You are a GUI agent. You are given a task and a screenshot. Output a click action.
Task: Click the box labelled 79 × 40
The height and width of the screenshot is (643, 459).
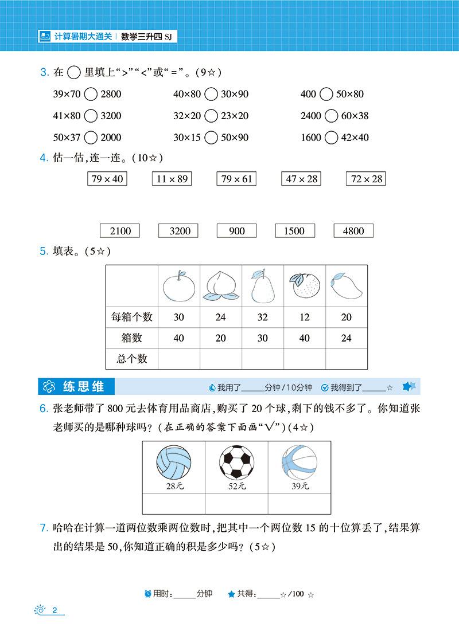pos(107,179)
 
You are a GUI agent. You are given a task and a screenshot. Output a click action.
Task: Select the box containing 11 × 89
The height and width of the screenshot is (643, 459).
pos(171,179)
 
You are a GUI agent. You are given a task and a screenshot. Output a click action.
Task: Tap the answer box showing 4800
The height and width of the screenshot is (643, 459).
pos(353,231)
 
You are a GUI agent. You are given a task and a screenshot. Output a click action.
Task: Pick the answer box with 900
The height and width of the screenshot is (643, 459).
pos(236,231)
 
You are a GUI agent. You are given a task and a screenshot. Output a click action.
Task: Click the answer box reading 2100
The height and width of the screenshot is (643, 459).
pos(119,231)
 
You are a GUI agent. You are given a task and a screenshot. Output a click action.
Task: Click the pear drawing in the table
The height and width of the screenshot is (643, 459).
pos(262,285)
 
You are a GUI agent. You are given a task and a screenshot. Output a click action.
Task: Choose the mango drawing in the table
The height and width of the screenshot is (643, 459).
pos(345,285)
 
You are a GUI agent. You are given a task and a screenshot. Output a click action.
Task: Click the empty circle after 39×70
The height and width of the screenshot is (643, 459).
pos(91,94)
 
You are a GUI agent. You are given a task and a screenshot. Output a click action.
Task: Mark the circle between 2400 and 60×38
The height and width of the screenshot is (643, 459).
pos(331,116)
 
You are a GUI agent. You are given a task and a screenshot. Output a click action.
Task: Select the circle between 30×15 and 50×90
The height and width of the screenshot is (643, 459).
pos(211,138)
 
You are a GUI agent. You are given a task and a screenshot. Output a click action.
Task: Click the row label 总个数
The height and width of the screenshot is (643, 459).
pos(132,359)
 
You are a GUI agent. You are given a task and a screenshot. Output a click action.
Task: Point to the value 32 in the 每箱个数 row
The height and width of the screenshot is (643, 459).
pos(262,317)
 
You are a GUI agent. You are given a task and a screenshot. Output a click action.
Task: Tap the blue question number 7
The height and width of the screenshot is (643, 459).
pos(42,527)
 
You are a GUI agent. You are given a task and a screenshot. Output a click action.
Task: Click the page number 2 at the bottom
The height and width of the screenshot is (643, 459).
pos(55,609)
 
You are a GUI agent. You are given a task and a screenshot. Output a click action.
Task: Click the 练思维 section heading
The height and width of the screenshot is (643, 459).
pos(83,387)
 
